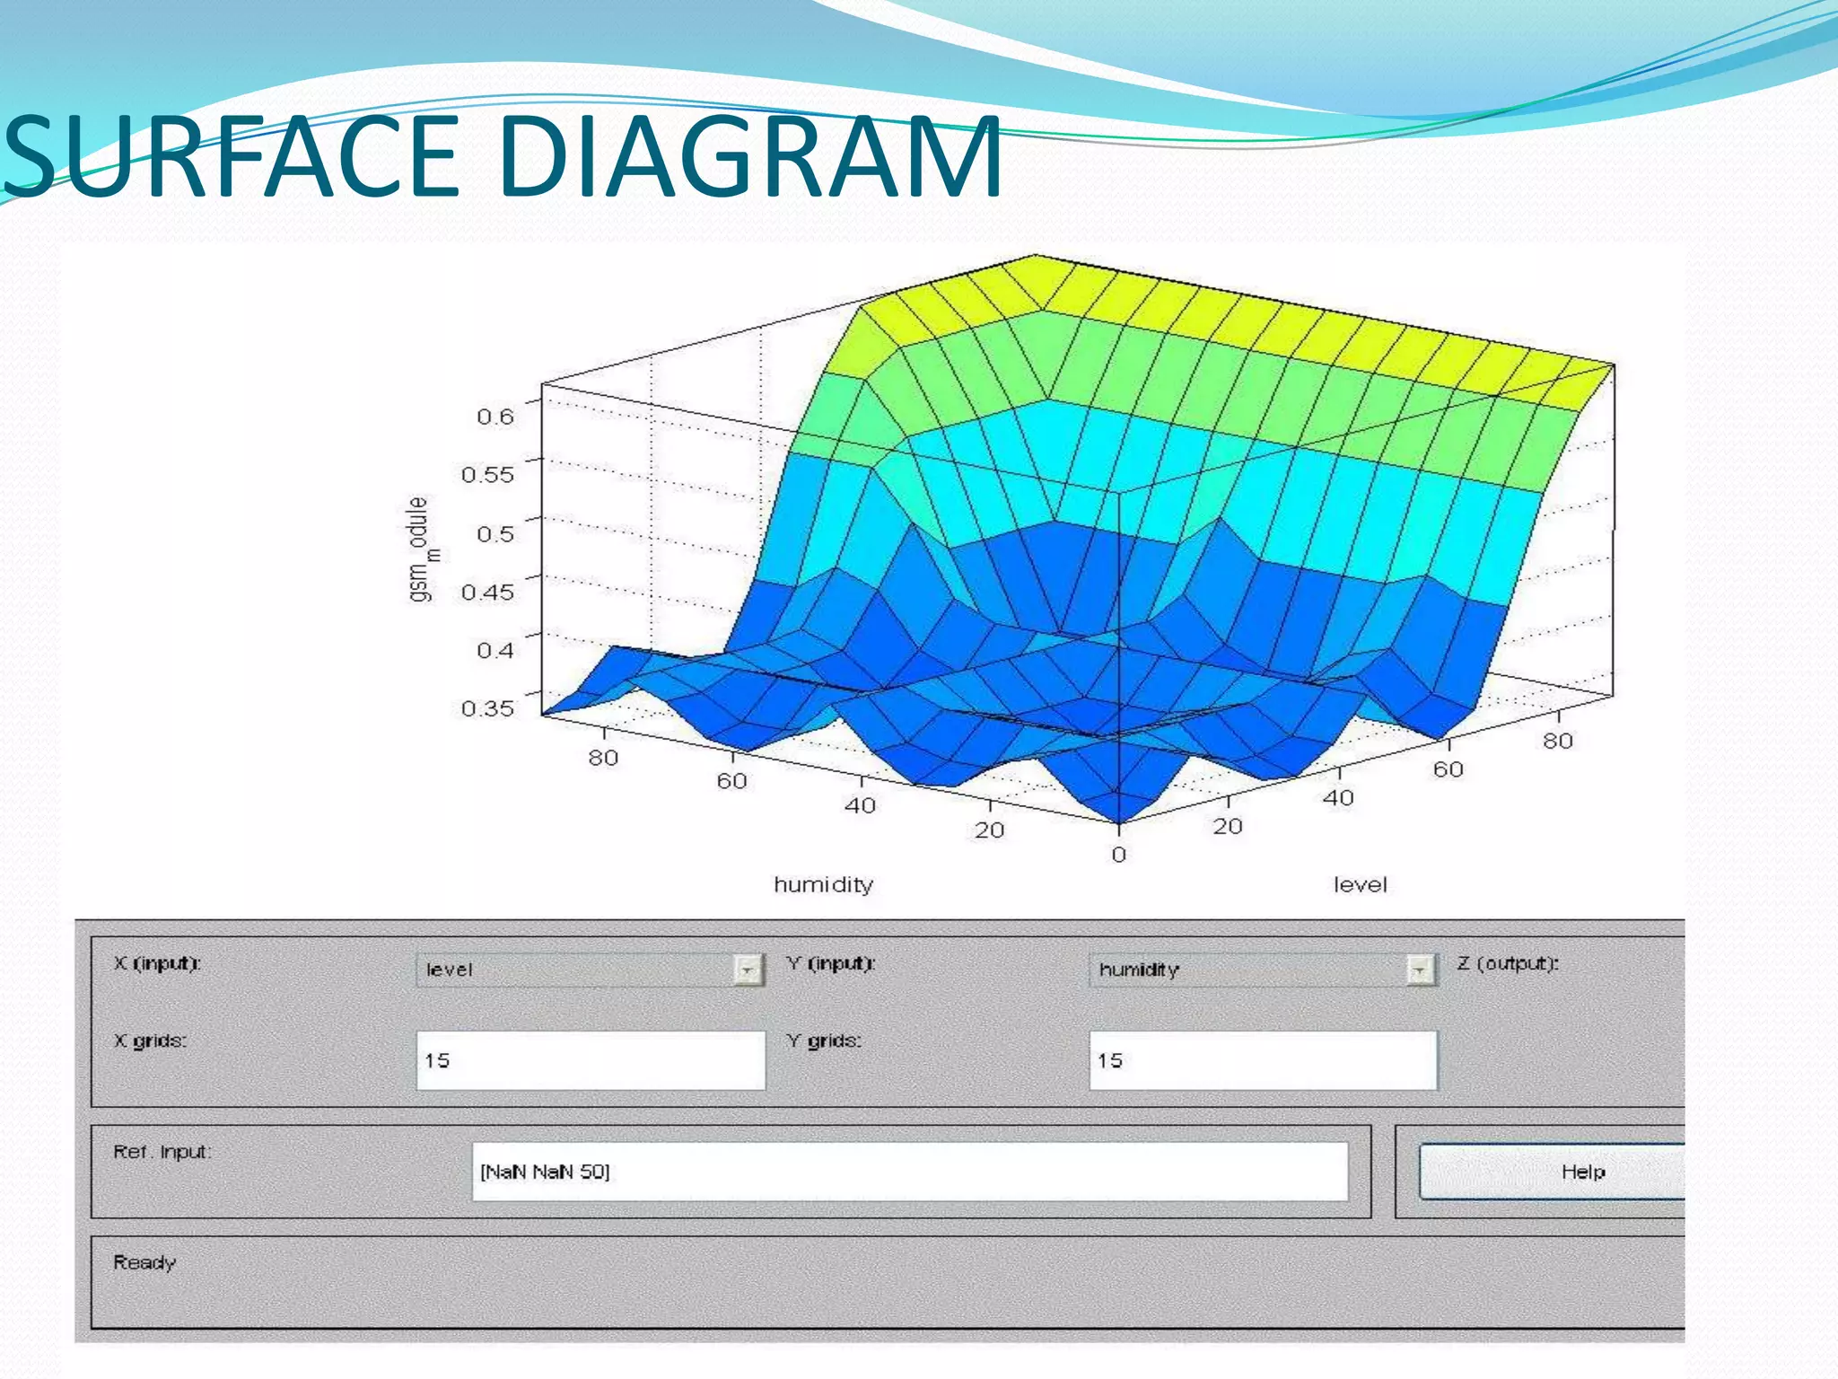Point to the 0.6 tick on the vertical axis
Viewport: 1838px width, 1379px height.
tap(495, 417)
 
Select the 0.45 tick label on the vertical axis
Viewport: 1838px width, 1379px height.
tap(487, 592)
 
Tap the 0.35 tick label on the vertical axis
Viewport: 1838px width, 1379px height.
tap(487, 708)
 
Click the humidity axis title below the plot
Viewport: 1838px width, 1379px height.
tap(823, 885)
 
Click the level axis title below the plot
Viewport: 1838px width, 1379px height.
tap(1360, 885)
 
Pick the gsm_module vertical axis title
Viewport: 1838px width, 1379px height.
tap(419, 549)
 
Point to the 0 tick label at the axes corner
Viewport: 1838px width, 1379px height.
tap(1118, 855)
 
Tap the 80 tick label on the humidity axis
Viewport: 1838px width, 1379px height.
tap(603, 758)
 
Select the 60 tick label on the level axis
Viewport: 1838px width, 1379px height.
tap(1448, 769)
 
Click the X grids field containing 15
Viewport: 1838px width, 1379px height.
tap(591, 1060)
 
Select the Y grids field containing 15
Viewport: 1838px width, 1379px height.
tap(1263, 1060)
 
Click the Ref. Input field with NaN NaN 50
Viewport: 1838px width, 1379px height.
tap(909, 1172)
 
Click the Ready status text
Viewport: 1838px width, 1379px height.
tap(144, 1262)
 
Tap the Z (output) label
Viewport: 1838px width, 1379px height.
tap(1508, 963)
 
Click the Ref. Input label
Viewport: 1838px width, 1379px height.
tap(162, 1152)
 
